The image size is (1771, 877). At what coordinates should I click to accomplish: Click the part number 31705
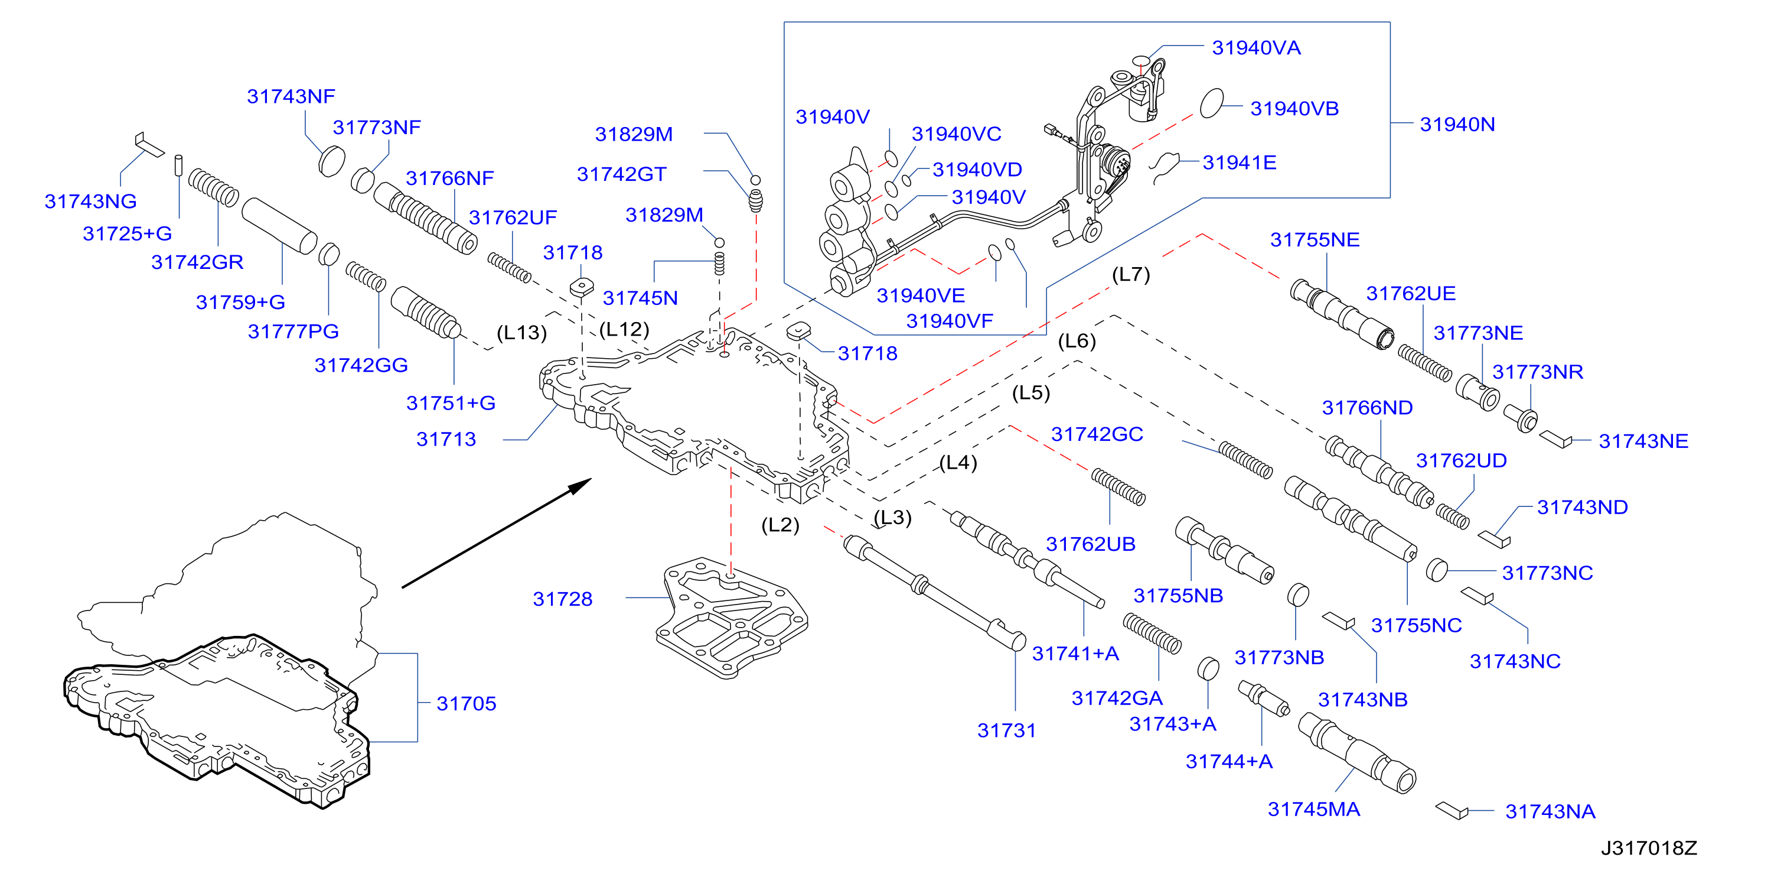(x=466, y=704)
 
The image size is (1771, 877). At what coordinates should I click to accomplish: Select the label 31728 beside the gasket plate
(x=562, y=599)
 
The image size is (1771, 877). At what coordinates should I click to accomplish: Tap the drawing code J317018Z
(x=1649, y=848)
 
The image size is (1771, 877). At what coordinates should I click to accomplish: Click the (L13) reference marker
(x=522, y=333)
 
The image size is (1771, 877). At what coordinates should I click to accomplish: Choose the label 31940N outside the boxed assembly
(x=1457, y=125)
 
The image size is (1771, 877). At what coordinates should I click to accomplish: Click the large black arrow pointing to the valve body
(x=497, y=533)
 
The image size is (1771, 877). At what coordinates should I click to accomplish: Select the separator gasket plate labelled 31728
(x=732, y=618)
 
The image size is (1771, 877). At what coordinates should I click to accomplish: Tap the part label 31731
(x=1006, y=730)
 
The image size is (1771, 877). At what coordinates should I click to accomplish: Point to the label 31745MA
(x=1314, y=810)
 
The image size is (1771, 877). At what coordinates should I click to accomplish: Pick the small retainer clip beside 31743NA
(x=1452, y=811)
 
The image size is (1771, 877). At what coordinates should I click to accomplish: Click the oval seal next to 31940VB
(x=1212, y=103)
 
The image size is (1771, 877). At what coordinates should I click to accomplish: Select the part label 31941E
(x=1240, y=163)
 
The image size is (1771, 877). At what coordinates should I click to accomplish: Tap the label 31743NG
(x=91, y=202)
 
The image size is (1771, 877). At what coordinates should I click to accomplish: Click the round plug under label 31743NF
(x=332, y=161)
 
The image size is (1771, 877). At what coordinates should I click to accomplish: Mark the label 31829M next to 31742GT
(x=634, y=135)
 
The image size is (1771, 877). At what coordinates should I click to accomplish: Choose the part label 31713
(x=446, y=440)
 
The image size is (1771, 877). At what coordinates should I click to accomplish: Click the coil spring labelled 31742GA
(x=1152, y=634)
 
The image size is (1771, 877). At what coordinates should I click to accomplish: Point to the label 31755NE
(x=1315, y=240)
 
